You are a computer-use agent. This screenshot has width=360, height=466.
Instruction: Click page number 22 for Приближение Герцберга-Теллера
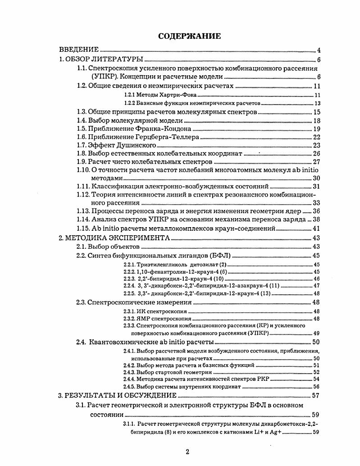(316, 137)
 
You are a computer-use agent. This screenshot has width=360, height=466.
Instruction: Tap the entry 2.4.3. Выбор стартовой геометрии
(167, 372)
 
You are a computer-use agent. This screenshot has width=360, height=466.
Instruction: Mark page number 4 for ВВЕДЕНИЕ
(318, 50)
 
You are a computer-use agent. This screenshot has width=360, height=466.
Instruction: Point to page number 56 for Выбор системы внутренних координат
(316, 386)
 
